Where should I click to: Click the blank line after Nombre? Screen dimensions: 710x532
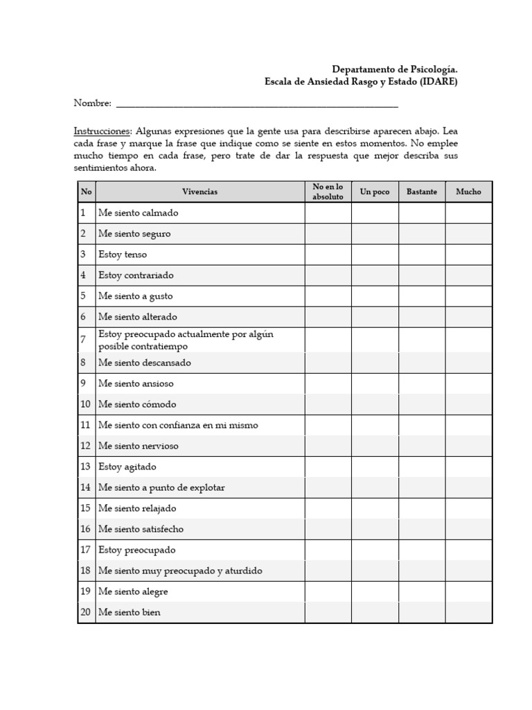[x=256, y=104]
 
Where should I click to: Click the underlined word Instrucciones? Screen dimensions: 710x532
[x=102, y=131]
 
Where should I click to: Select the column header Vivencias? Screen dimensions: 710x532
[x=199, y=192]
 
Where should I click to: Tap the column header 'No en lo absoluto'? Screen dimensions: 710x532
[x=328, y=192]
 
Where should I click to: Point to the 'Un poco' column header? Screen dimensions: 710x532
[x=375, y=192]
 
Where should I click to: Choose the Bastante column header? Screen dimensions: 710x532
[x=421, y=192]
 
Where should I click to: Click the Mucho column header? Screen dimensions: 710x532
[x=468, y=192]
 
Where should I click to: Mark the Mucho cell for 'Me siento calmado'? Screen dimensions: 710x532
[x=468, y=213]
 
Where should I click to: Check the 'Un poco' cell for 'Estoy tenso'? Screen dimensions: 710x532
[x=375, y=254]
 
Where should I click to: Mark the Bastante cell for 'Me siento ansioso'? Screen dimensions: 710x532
[x=421, y=383]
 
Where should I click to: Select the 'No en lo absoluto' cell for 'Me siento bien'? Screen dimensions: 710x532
[x=328, y=612]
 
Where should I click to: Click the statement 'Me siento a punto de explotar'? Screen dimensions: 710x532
[x=161, y=487]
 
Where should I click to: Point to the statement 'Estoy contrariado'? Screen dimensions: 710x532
[x=136, y=275]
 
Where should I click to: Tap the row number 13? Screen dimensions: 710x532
[x=85, y=467]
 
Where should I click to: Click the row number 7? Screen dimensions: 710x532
[x=83, y=340]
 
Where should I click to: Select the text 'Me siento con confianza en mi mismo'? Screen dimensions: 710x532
[x=178, y=425]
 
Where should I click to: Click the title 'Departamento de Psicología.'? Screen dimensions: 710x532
[x=395, y=69]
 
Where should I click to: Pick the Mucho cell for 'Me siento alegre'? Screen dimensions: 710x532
[x=468, y=591]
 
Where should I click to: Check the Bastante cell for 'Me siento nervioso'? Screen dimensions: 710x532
[x=421, y=446]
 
